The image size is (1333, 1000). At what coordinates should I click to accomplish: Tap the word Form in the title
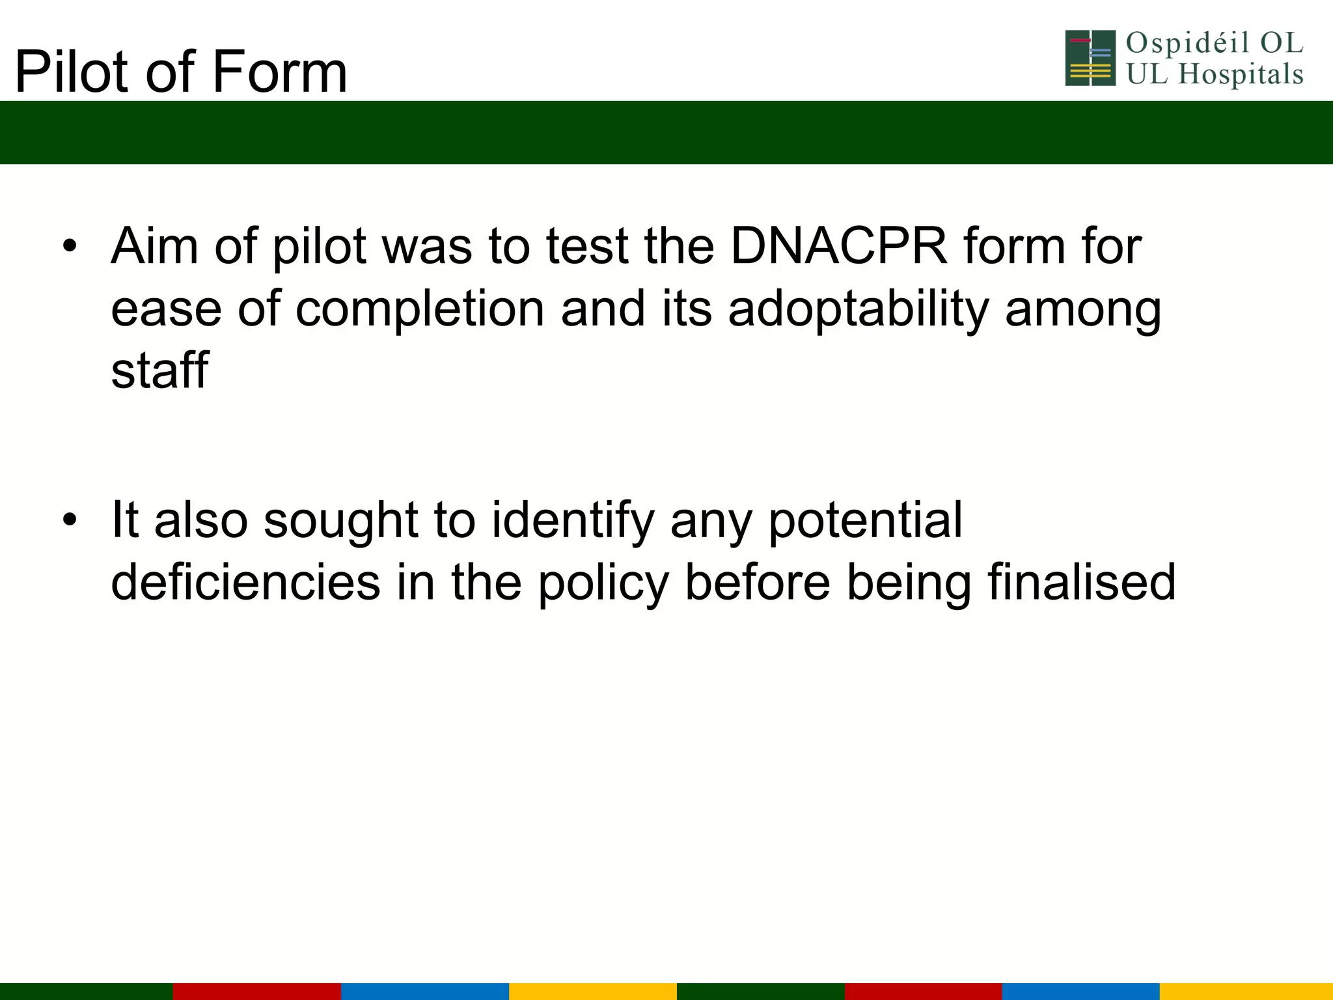[280, 72]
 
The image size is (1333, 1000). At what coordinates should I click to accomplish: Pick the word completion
[420, 310]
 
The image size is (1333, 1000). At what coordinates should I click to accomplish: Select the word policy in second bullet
[603, 583]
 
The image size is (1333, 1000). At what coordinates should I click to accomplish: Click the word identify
[573, 520]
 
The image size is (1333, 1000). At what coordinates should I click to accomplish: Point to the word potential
[865, 520]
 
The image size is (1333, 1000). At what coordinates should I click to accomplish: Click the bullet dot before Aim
[70, 247]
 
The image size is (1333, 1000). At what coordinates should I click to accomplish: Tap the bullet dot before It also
[70, 520]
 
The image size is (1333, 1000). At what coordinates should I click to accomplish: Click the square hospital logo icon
[1090, 58]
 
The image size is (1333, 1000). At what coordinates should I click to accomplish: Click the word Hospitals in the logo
[1241, 74]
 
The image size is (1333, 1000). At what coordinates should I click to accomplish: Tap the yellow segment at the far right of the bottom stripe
[1246, 991]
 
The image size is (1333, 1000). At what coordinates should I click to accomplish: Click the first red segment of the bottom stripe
[256, 991]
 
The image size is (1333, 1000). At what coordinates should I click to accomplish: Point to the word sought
[340, 520]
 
